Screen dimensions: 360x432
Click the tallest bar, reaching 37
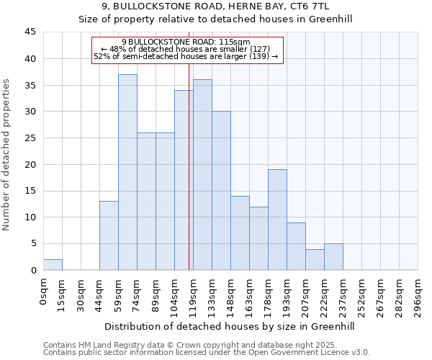click(x=127, y=172)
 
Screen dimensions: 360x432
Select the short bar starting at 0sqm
click(x=53, y=264)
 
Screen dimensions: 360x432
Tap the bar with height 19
click(x=277, y=220)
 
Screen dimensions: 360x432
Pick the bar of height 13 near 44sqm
click(x=109, y=235)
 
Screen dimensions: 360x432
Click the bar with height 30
click(x=221, y=191)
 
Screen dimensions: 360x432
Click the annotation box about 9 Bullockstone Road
click(x=186, y=50)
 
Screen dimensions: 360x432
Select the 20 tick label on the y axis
click(x=30, y=164)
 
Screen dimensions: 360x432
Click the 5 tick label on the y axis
click(x=32, y=243)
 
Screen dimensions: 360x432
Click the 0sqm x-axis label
click(x=43, y=291)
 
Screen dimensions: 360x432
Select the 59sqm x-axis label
click(x=118, y=293)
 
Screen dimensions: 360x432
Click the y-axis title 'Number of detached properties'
click(x=7, y=156)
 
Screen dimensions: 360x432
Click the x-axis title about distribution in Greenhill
click(x=230, y=326)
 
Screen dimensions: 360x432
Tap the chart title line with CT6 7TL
click(x=215, y=6)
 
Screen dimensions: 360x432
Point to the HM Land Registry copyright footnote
click(x=194, y=345)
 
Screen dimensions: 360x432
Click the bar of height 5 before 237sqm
click(x=333, y=257)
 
